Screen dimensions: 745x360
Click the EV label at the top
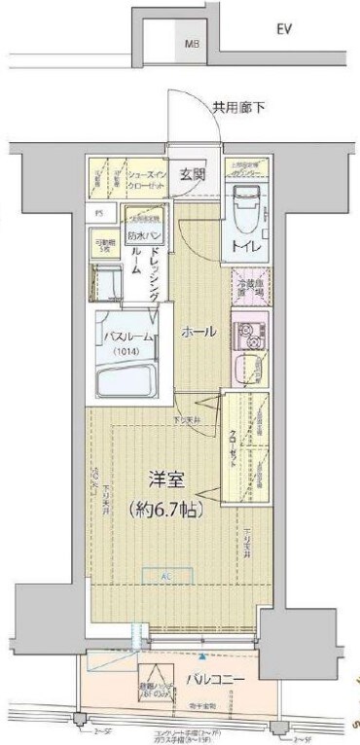[x=284, y=30]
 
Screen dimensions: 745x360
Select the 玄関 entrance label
[x=193, y=175]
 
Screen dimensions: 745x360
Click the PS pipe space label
[x=98, y=211]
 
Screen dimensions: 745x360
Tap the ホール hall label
[x=198, y=333]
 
